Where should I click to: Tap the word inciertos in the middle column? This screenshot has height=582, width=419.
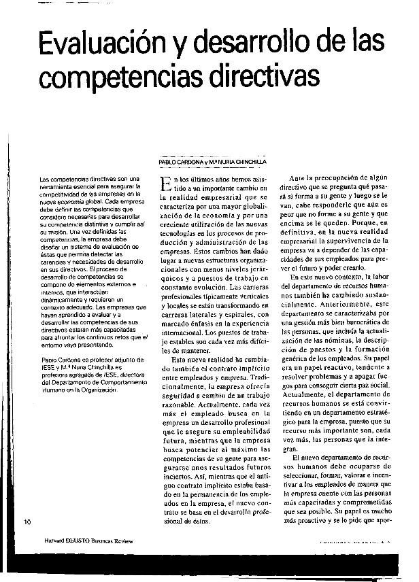tap(179, 476)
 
